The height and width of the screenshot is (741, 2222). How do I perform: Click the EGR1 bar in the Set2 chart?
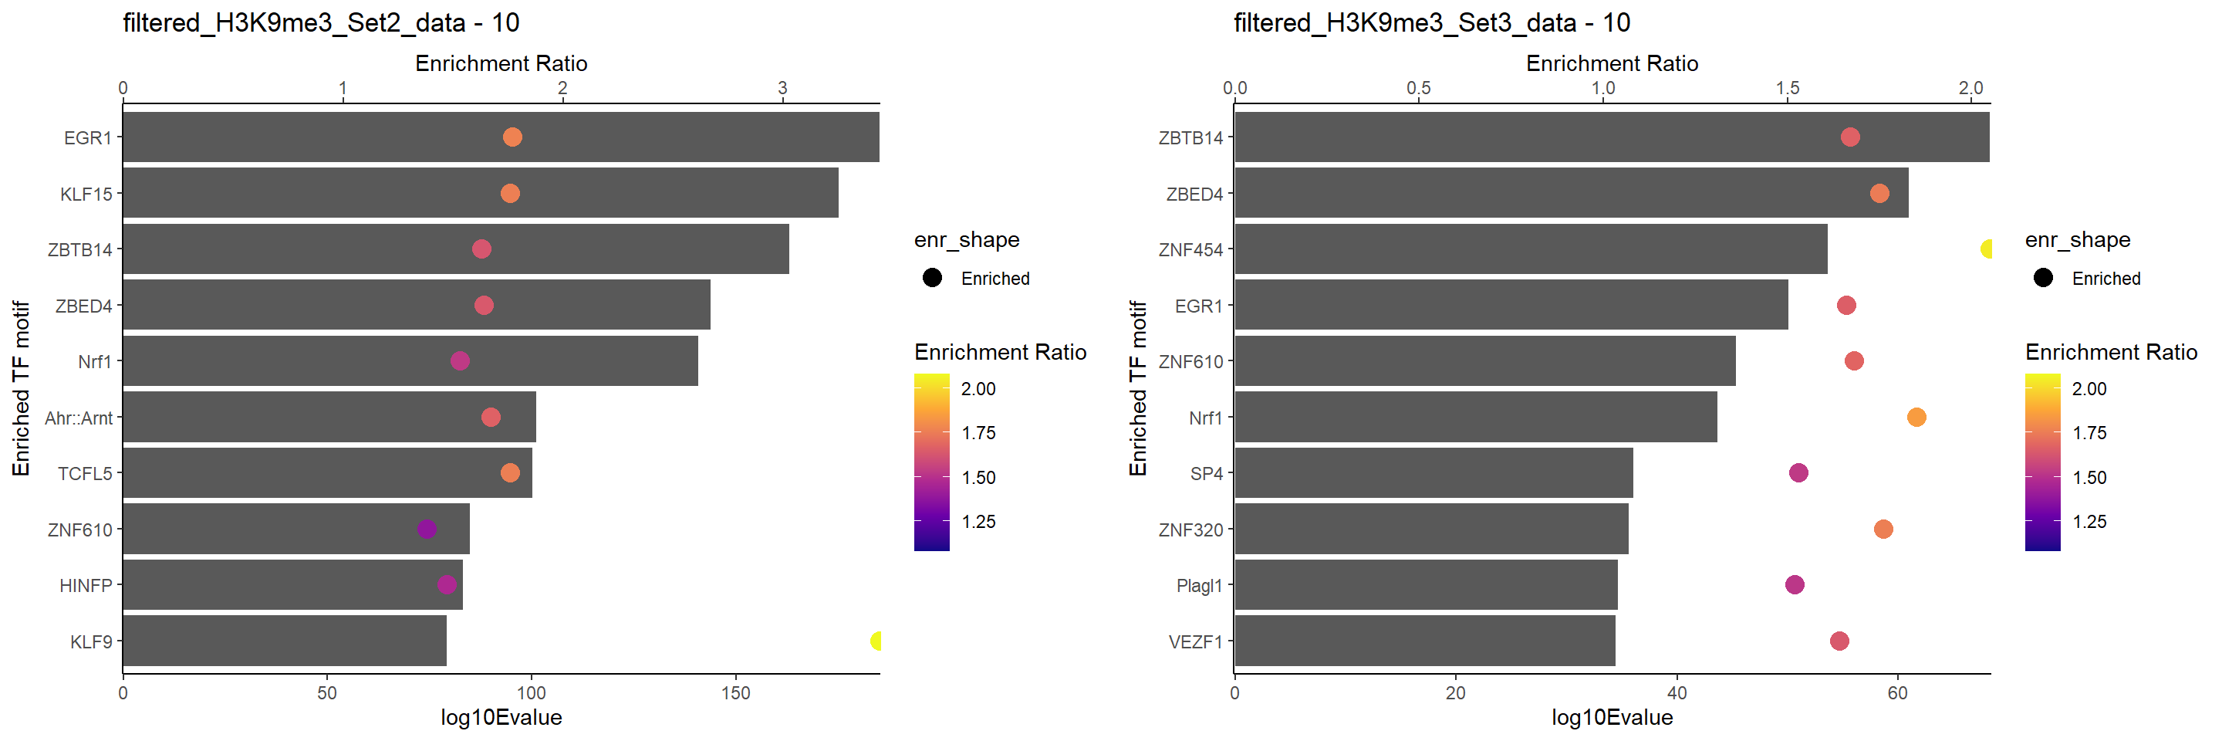tap(500, 137)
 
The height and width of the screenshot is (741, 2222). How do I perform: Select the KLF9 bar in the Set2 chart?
tap(285, 641)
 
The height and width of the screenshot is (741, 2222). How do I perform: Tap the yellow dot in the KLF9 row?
tap(876, 641)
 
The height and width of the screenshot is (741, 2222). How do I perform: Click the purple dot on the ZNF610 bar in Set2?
tap(426, 529)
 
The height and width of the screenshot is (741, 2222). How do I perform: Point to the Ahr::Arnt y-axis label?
tap(79, 418)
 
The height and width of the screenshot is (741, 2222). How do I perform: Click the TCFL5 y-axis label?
tap(85, 474)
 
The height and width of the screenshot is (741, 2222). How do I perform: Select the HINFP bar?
tap(292, 585)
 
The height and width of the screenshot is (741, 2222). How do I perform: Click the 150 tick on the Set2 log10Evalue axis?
tap(735, 692)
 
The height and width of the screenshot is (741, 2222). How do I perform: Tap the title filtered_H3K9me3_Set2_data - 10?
tap(321, 22)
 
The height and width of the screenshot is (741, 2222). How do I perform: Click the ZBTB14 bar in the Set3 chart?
tap(1611, 137)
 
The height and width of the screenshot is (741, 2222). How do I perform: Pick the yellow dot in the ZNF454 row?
tap(1987, 249)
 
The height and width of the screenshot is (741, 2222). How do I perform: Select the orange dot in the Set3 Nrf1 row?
tap(1916, 418)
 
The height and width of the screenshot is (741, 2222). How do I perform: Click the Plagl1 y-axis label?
tap(1199, 586)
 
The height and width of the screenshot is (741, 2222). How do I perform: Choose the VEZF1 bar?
tap(1424, 641)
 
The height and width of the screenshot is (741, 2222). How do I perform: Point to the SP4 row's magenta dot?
tap(1798, 472)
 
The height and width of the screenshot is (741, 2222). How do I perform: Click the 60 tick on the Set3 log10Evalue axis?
tap(1897, 692)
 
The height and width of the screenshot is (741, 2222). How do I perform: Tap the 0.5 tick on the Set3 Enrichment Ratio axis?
tap(1418, 88)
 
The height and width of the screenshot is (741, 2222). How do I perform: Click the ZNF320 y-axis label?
tap(1190, 530)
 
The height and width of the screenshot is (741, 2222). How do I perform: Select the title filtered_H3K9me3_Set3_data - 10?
tap(1432, 22)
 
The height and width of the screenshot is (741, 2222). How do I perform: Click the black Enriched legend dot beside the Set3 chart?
tap(2041, 278)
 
